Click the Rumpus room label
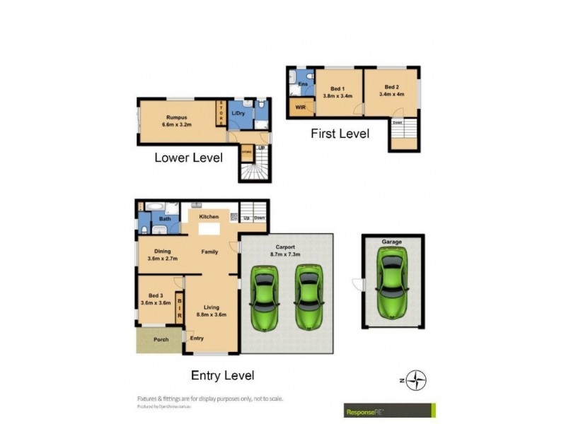click(176, 118)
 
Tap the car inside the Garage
click(392, 283)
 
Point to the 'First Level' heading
click(340, 133)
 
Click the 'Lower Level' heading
click(188, 157)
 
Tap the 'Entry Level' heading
click(223, 375)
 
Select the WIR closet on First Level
click(301, 108)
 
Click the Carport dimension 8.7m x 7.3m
click(285, 254)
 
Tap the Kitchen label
click(209, 216)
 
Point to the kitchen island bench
click(209, 230)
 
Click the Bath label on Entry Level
click(165, 219)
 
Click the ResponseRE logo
click(387, 411)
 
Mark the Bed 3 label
click(156, 296)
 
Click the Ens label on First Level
click(303, 84)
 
